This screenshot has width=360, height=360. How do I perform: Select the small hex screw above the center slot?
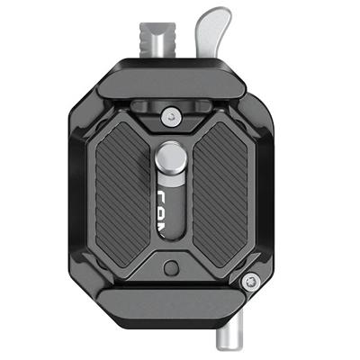pyautogui.click(x=169, y=113)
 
